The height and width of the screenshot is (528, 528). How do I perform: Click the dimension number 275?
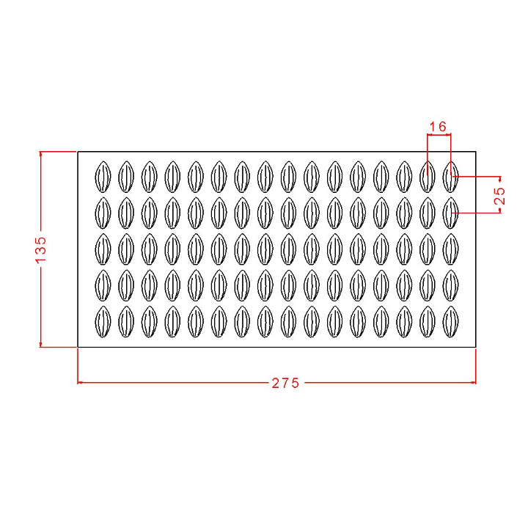[x=285, y=384]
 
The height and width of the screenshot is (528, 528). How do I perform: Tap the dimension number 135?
[x=41, y=249]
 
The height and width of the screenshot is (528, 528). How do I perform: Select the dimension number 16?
[x=438, y=127]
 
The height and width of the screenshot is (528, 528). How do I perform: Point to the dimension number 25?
[x=500, y=196]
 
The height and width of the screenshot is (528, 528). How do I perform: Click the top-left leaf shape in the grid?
[x=103, y=177]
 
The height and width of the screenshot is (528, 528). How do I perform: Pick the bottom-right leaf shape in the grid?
[x=450, y=322]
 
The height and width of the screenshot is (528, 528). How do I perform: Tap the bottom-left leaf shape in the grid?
[x=103, y=322]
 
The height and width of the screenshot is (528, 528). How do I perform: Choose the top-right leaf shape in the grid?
[x=450, y=177]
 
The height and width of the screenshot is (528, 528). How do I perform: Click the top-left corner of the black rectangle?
[x=78, y=152]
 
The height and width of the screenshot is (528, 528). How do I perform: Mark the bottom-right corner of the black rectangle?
[x=476, y=347]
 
